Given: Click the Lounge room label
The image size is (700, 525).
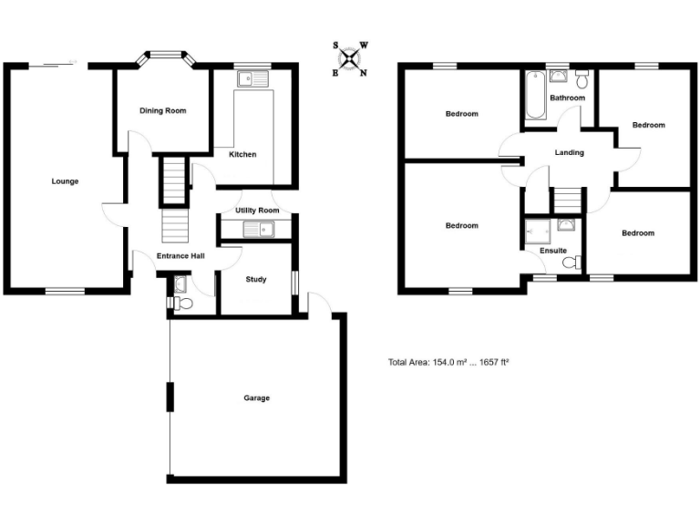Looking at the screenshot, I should tap(65, 181).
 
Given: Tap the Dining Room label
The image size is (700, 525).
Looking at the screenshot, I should tap(162, 111).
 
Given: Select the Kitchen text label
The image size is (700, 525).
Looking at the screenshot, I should tap(242, 155).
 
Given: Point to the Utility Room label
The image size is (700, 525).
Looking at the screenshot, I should tap(257, 211).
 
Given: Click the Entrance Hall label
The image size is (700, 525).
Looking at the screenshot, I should tap(180, 256).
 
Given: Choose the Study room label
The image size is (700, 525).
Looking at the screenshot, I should tap(256, 279).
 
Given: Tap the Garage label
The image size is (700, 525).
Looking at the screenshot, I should tap(256, 398).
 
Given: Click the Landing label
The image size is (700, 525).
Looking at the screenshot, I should tap(569, 153).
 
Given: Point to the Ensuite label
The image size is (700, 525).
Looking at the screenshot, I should tap(552, 250).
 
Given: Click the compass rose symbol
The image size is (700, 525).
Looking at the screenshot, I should tap(350, 58).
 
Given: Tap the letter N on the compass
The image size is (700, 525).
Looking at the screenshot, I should tap(364, 74).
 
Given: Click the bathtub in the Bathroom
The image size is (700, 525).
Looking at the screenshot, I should tap(534, 97).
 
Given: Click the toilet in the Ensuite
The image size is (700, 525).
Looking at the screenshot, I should tap(571, 263).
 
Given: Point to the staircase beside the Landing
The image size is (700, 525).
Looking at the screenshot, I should tap(567, 200).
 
